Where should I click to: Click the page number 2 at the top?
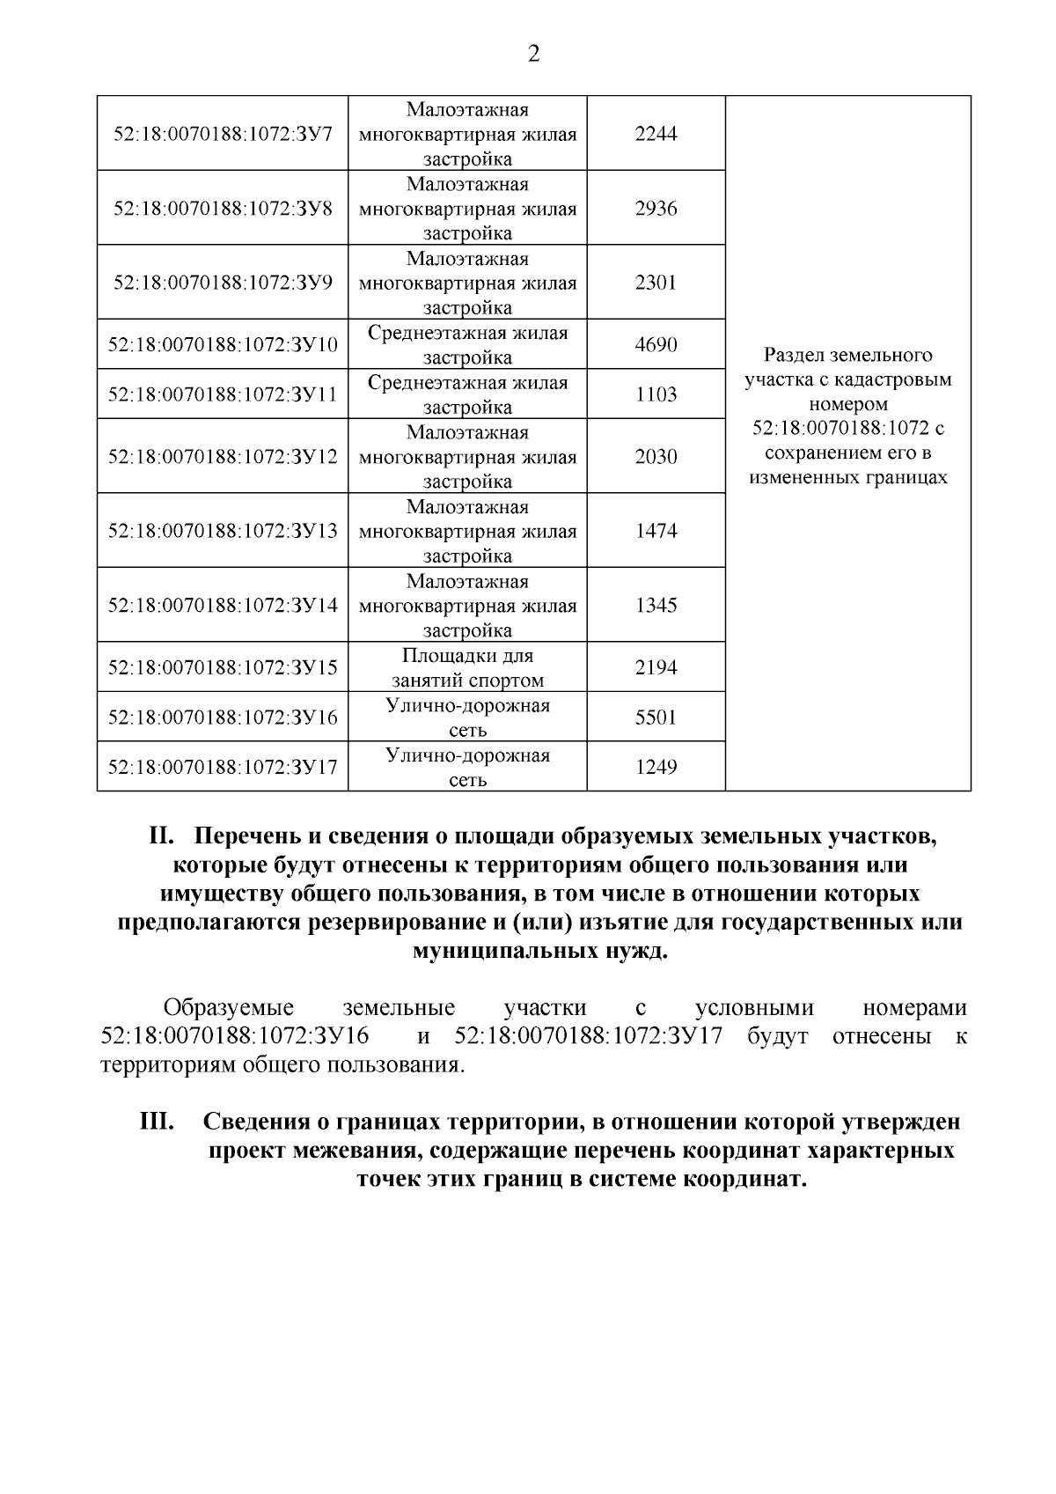pyautogui.click(x=533, y=55)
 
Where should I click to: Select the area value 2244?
pyautogui.click(x=656, y=134)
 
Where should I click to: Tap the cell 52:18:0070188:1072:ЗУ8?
pyautogui.click(x=223, y=209)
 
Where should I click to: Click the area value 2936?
pyautogui.click(x=656, y=209)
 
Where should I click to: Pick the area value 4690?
pyautogui.click(x=656, y=344)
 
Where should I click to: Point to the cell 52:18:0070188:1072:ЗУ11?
pyautogui.click(x=223, y=394)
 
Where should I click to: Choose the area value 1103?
pyautogui.click(x=656, y=394)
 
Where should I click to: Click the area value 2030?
pyautogui.click(x=656, y=456)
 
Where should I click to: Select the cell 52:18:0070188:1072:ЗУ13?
pyautogui.click(x=223, y=531)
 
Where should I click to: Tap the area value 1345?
pyautogui.click(x=656, y=606)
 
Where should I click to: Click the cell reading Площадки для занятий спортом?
pyautogui.click(x=467, y=668)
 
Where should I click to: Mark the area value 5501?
pyautogui.click(x=656, y=718)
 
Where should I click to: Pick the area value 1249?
pyautogui.click(x=656, y=767)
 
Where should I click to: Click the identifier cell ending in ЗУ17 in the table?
pyautogui.click(x=223, y=767)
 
